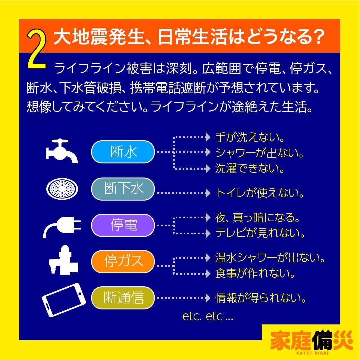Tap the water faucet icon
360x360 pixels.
62,152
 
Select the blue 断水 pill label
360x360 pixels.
123,152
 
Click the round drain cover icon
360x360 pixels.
63,189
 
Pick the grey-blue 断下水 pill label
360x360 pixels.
123,189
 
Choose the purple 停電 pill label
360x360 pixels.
123,226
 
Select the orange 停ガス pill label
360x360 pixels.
123,262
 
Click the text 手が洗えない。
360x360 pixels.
250,137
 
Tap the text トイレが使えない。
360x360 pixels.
260,193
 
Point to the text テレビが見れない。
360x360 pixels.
260,233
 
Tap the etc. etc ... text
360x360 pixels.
208,317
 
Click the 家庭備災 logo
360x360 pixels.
311,341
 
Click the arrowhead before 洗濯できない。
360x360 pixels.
209,168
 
